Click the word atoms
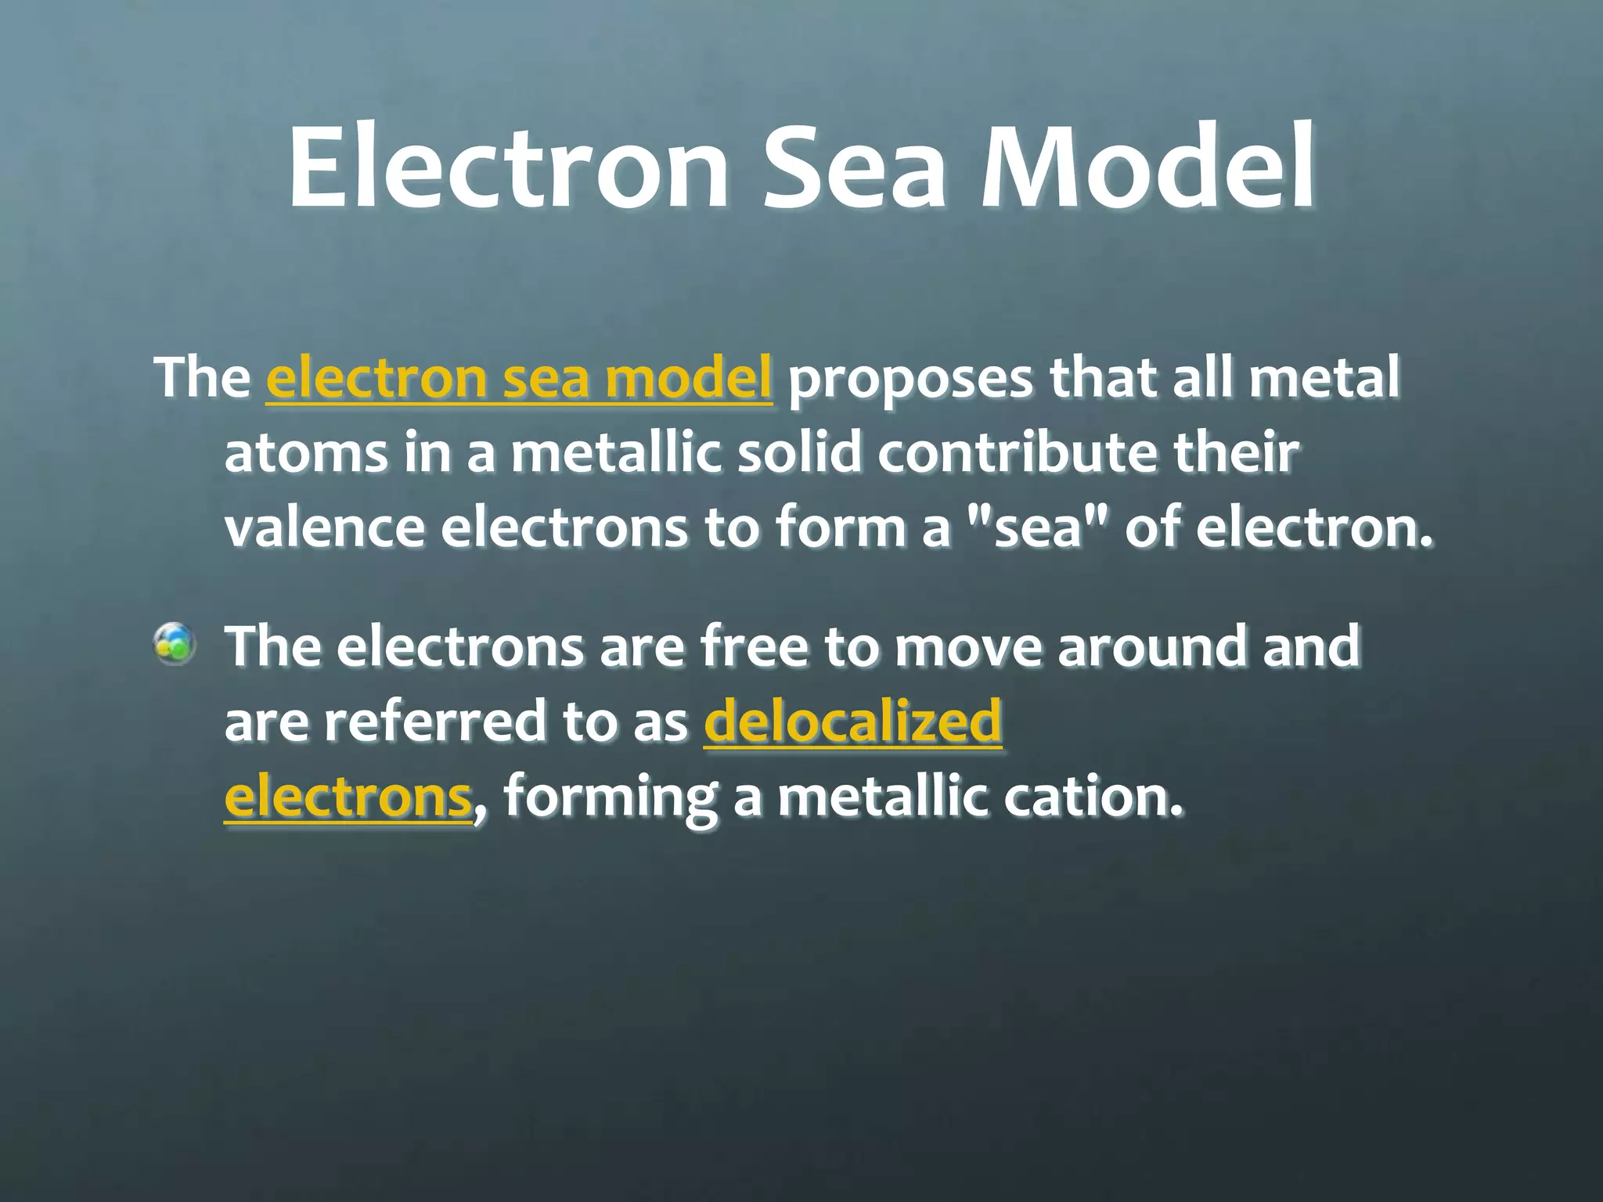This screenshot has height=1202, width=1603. pos(305,454)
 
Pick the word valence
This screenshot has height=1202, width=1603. pos(324,529)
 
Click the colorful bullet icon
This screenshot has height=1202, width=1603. pos(174,644)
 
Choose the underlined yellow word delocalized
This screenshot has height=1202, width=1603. pos(852,722)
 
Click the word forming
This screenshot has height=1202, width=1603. pos(609,798)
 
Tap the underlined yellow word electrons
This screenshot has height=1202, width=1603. pos(348,798)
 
